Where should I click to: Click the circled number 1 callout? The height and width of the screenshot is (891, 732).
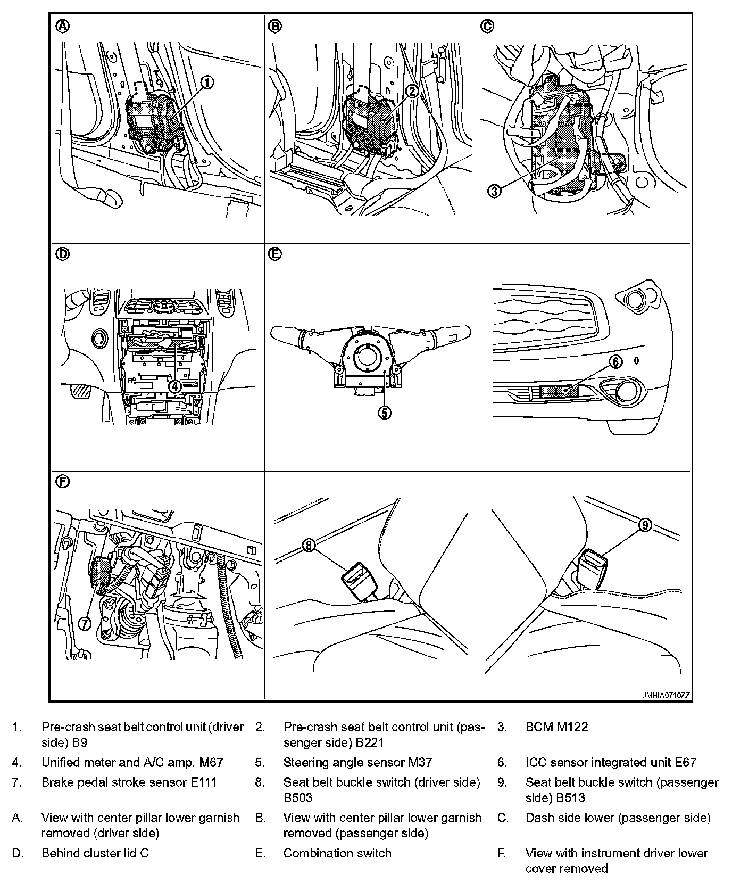[x=207, y=82]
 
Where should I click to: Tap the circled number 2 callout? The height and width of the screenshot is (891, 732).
[x=412, y=91]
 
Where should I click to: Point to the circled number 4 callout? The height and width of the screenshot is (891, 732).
[x=175, y=386]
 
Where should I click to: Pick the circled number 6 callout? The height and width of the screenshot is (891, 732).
[x=614, y=362]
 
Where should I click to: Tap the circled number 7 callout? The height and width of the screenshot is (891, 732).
[x=85, y=623]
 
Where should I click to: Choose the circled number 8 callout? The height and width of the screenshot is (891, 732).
[x=310, y=544]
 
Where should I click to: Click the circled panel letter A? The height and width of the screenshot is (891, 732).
[x=63, y=27]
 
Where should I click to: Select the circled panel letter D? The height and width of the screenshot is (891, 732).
[x=63, y=254]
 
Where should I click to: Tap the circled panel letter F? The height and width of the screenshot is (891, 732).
[x=63, y=482]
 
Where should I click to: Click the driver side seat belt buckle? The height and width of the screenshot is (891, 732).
[x=360, y=581]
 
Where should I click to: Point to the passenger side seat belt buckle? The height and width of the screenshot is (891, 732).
[x=591, y=567]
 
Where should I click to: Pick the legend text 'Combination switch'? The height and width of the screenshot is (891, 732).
[x=337, y=853]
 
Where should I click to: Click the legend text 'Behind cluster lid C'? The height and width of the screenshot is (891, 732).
[x=95, y=853]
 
